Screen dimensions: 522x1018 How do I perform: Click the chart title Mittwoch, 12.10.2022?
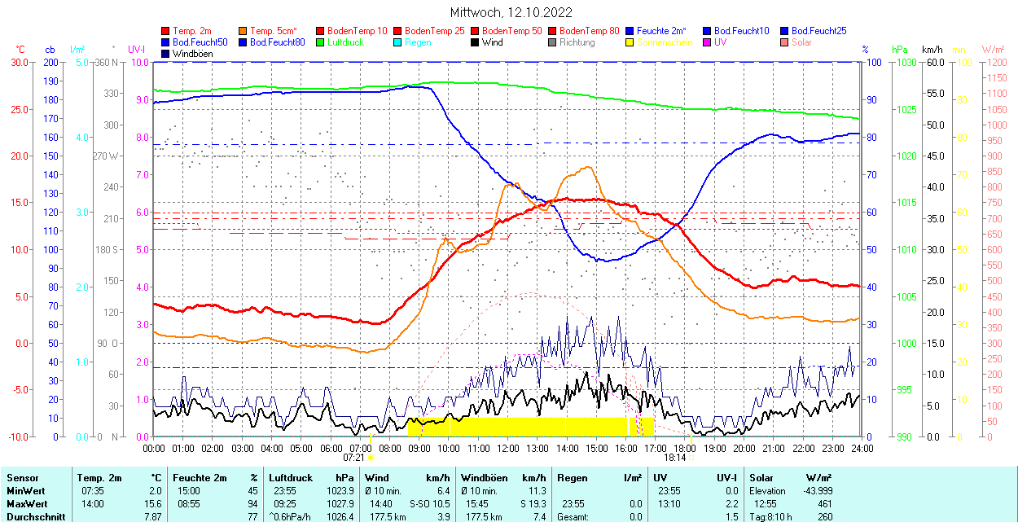click(x=511, y=13)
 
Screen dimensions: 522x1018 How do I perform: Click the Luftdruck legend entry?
click(x=346, y=42)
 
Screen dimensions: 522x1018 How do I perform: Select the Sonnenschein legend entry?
click(x=665, y=42)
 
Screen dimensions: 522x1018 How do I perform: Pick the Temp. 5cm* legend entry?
click(x=274, y=31)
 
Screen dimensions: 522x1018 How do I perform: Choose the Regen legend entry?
click(x=418, y=42)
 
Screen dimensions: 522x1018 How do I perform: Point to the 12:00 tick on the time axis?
click(x=507, y=448)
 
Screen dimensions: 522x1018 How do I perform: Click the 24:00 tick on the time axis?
click(x=862, y=448)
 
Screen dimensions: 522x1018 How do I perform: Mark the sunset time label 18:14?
click(x=674, y=458)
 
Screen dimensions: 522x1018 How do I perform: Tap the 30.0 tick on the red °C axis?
click(x=17, y=62)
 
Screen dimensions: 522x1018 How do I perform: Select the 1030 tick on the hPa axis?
click(x=905, y=62)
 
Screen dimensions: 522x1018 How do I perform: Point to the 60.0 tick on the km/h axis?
click(x=932, y=62)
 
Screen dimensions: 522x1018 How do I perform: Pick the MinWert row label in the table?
click(x=25, y=491)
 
